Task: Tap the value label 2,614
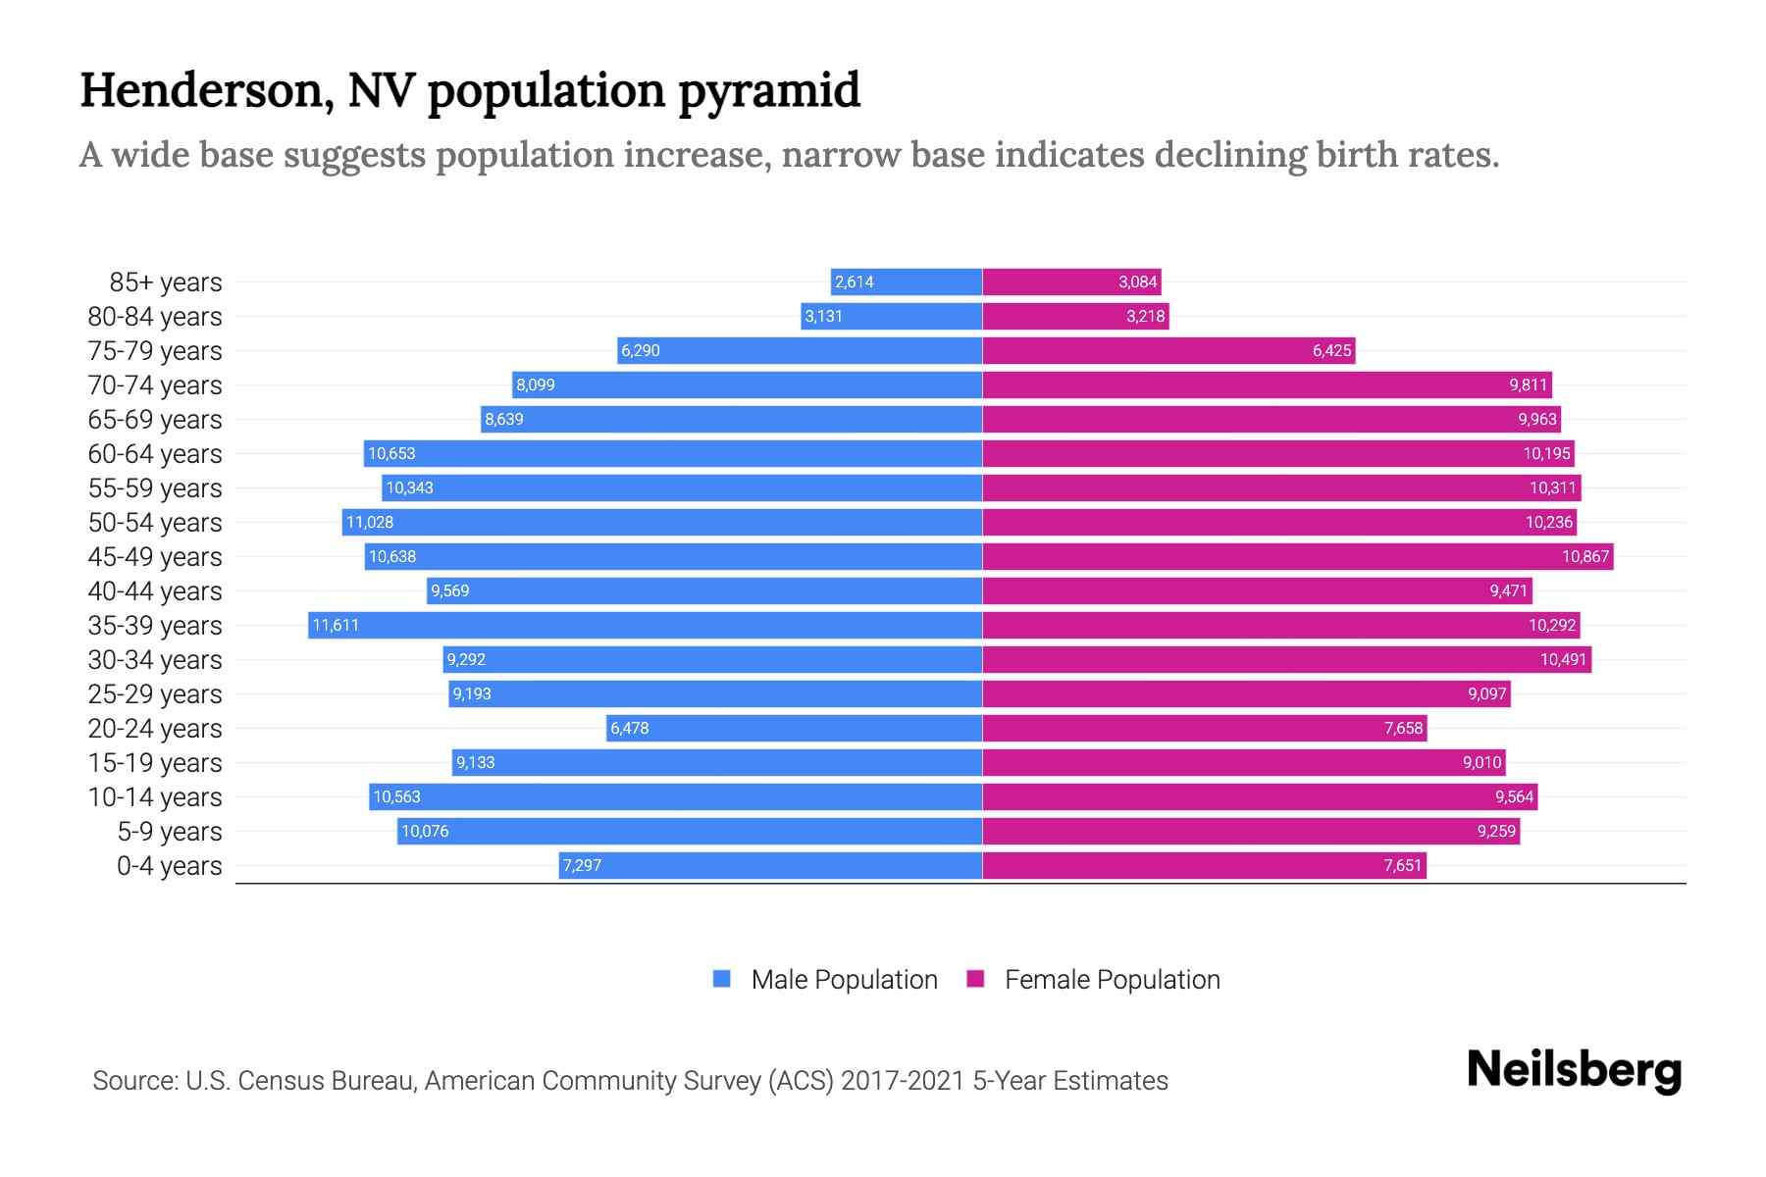(854, 281)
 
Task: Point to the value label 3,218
(1145, 316)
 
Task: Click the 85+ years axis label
(165, 282)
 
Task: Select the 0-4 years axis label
(169, 866)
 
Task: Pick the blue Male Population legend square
(722, 979)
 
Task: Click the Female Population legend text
(1112, 980)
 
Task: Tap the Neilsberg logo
(1574, 1070)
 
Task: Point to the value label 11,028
(370, 522)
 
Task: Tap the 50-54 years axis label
(155, 523)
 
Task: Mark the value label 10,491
(1563, 659)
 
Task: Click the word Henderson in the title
(201, 91)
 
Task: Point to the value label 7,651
(1402, 865)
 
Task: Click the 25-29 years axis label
(155, 694)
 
